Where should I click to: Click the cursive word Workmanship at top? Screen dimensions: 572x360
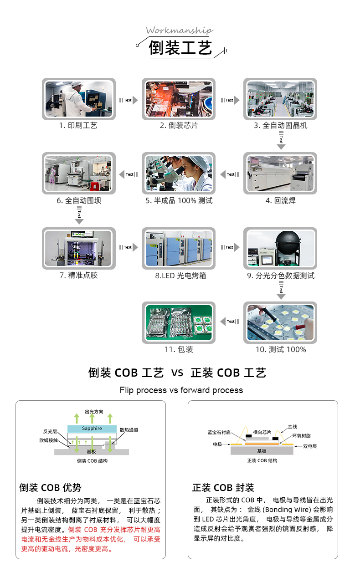coord(179,31)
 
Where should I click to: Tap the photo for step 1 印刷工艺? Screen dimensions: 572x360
coord(78,98)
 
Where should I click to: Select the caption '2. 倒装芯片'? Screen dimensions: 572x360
coord(179,126)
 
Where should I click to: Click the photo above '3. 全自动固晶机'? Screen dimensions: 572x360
coord(280,98)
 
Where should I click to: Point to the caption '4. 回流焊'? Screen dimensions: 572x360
coord(281,200)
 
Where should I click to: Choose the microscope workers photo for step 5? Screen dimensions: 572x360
coord(179,173)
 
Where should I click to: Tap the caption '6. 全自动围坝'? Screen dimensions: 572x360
coord(79,200)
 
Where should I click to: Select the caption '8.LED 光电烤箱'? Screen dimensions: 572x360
coord(180,276)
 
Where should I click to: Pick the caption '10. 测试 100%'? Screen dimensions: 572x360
coord(281,350)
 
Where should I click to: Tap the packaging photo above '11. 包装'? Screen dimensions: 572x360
coord(179,322)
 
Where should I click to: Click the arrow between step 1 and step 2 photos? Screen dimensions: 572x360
coord(129,100)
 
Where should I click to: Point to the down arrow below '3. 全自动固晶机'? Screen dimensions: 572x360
coord(281,140)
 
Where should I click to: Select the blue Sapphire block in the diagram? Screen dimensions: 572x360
coord(92,429)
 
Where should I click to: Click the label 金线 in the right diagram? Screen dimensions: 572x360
coord(292,427)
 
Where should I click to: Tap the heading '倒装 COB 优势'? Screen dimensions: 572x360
coord(50,488)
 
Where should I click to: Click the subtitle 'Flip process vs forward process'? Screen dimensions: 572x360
coord(181,390)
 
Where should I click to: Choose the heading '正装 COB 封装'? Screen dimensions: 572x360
coord(223,488)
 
